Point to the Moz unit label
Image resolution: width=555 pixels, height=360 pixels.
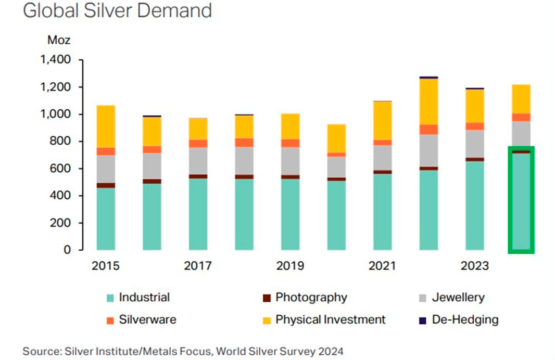tap(58, 40)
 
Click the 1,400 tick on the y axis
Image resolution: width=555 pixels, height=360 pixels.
tap(55, 60)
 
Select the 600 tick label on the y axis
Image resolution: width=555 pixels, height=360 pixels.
tap(60, 169)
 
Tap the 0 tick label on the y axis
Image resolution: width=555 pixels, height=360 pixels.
tap(67, 250)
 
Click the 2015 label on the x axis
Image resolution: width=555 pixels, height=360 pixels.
tap(106, 266)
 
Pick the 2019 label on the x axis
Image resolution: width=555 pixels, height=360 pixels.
tap(290, 266)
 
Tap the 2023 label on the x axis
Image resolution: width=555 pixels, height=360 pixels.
tap(474, 266)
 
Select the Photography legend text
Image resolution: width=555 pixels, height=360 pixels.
tap(311, 298)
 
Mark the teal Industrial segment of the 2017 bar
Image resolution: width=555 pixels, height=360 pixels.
tap(198, 214)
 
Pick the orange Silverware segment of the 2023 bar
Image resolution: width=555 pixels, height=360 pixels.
tap(474, 126)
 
